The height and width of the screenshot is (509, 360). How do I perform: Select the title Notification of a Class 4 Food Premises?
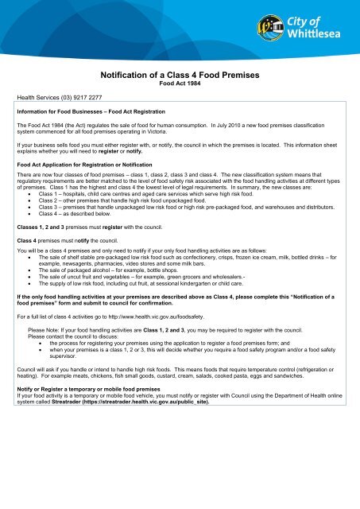point(179,76)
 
